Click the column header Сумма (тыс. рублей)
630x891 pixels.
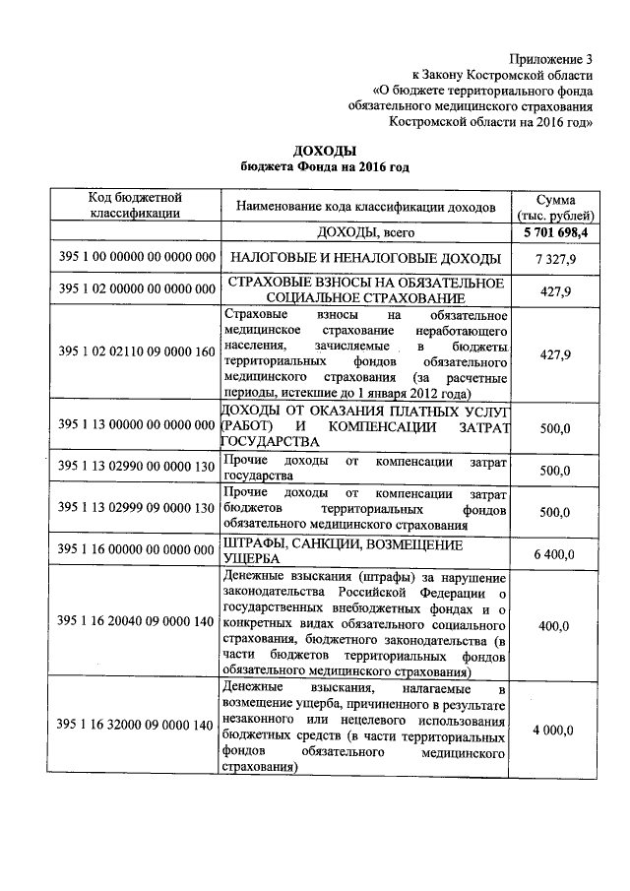(x=555, y=206)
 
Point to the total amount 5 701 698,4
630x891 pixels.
(x=555, y=232)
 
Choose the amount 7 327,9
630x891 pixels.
(x=555, y=258)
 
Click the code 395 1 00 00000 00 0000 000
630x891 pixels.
(x=136, y=258)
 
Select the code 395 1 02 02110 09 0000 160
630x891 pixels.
(x=136, y=352)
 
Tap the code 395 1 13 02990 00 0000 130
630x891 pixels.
(x=136, y=469)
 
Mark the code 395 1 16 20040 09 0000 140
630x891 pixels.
(x=136, y=622)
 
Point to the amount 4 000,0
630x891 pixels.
(x=555, y=730)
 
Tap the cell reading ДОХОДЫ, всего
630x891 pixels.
(x=363, y=232)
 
